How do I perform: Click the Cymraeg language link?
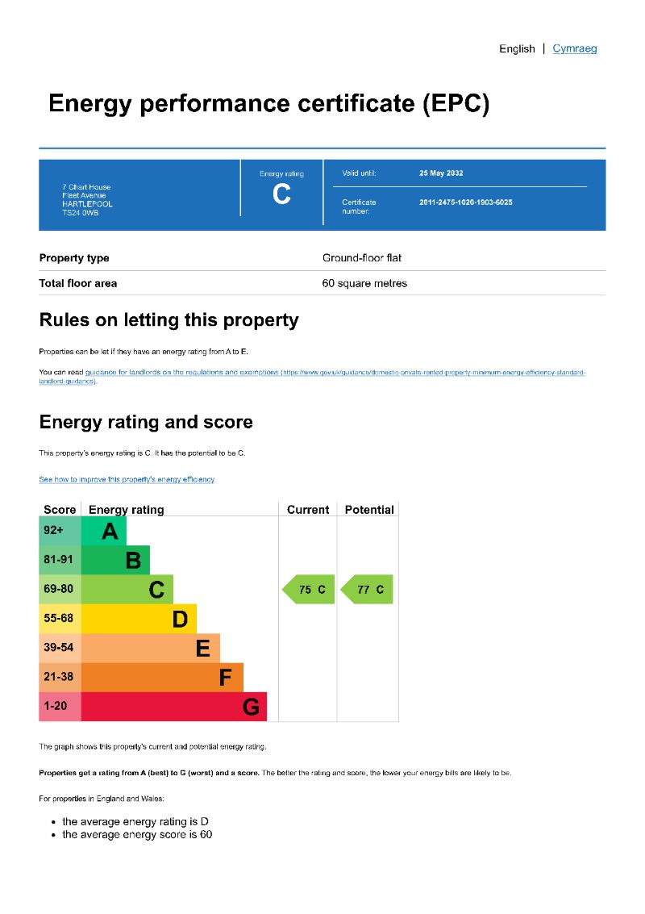pyautogui.click(x=575, y=48)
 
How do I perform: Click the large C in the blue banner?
pyautogui.click(x=281, y=194)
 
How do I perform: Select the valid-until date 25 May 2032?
pyautogui.click(x=441, y=173)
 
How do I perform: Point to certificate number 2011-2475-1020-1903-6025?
pyautogui.click(x=465, y=202)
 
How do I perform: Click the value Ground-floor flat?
pyautogui.click(x=362, y=258)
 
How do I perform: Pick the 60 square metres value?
pyautogui.click(x=364, y=283)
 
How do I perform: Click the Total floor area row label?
pyautogui.click(x=78, y=283)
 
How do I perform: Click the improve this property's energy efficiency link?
pyautogui.click(x=127, y=479)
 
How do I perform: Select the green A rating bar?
pyautogui.click(x=104, y=531)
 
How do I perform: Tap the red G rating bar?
pyautogui.click(x=173, y=707)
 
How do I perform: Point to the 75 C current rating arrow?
pyautogui.click(x=309, y=590)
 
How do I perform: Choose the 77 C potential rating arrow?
pyautogui.click(x=368, y=590)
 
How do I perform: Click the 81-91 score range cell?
pyautogui.click(x=59, y=560)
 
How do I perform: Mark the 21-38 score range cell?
pyautogui.click(x=59, y=677)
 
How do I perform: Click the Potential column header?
pyautogui.click(x=369, y=510)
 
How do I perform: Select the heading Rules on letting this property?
pyautogui.click(x=169, y=320)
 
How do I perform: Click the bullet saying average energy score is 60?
pyautogui.click(x=137, y=834)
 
